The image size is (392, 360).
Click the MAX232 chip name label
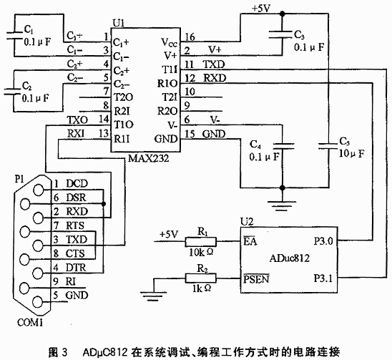(x=148, y=158)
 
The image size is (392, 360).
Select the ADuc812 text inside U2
(x=289, y=258)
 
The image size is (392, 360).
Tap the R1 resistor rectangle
(x=200, y=242)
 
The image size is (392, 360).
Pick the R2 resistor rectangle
(x=200, y=278)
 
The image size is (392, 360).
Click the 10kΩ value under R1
(x=201, y=252)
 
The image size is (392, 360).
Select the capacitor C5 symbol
(x=328, y=146)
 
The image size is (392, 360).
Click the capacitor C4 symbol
(x=283, y=146)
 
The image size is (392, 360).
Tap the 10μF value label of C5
(x=351, y=153)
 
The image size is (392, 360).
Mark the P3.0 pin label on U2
(x=323, y=241)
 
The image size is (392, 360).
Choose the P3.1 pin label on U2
(x=323, y=278)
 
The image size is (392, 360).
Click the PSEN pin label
(x=256, y=278)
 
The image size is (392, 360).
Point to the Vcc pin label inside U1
(x=169, y=42)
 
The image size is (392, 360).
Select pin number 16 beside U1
(x=190, y=37)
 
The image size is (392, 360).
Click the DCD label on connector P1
(x=77, y=184)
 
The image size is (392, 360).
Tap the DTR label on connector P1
(x=76, y=268)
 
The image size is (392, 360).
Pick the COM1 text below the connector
(x=30, y=323)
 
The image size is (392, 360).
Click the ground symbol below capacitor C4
(x=283, y=206)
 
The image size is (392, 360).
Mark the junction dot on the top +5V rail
(x=283, y=14)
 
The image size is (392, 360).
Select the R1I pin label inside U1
(x=122, y=139)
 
